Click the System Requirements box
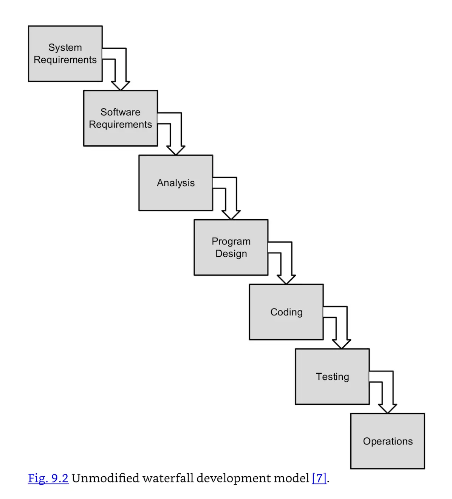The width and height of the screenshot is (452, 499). click(65, 54)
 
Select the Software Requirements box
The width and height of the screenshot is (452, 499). click(120, 118)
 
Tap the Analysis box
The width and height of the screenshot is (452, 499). click(175, 183)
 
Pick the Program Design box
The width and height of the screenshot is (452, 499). click(231, 247)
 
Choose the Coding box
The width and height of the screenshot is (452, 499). click(286, 312)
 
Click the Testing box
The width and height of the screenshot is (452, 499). click(332, 377)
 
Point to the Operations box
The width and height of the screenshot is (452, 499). click(387, 441)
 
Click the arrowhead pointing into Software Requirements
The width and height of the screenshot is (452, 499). click(120, 85)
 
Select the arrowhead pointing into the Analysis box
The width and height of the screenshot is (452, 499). click(175, 150)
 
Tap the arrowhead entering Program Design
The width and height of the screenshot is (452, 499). click(231, 215)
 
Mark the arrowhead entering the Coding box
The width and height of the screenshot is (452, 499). click(286, 279)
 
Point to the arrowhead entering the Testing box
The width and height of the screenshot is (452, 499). click(341, 344)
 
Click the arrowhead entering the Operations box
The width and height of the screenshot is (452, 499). click(387, 408)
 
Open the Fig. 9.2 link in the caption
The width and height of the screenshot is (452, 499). click(48, 478)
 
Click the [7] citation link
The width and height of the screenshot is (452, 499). click(319, 478)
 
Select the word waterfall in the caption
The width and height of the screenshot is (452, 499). click(168, 478)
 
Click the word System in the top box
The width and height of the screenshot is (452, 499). click(65, 48)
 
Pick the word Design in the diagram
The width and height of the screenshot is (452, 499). click(231, 254)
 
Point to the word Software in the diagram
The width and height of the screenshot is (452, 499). click(120, 112)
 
